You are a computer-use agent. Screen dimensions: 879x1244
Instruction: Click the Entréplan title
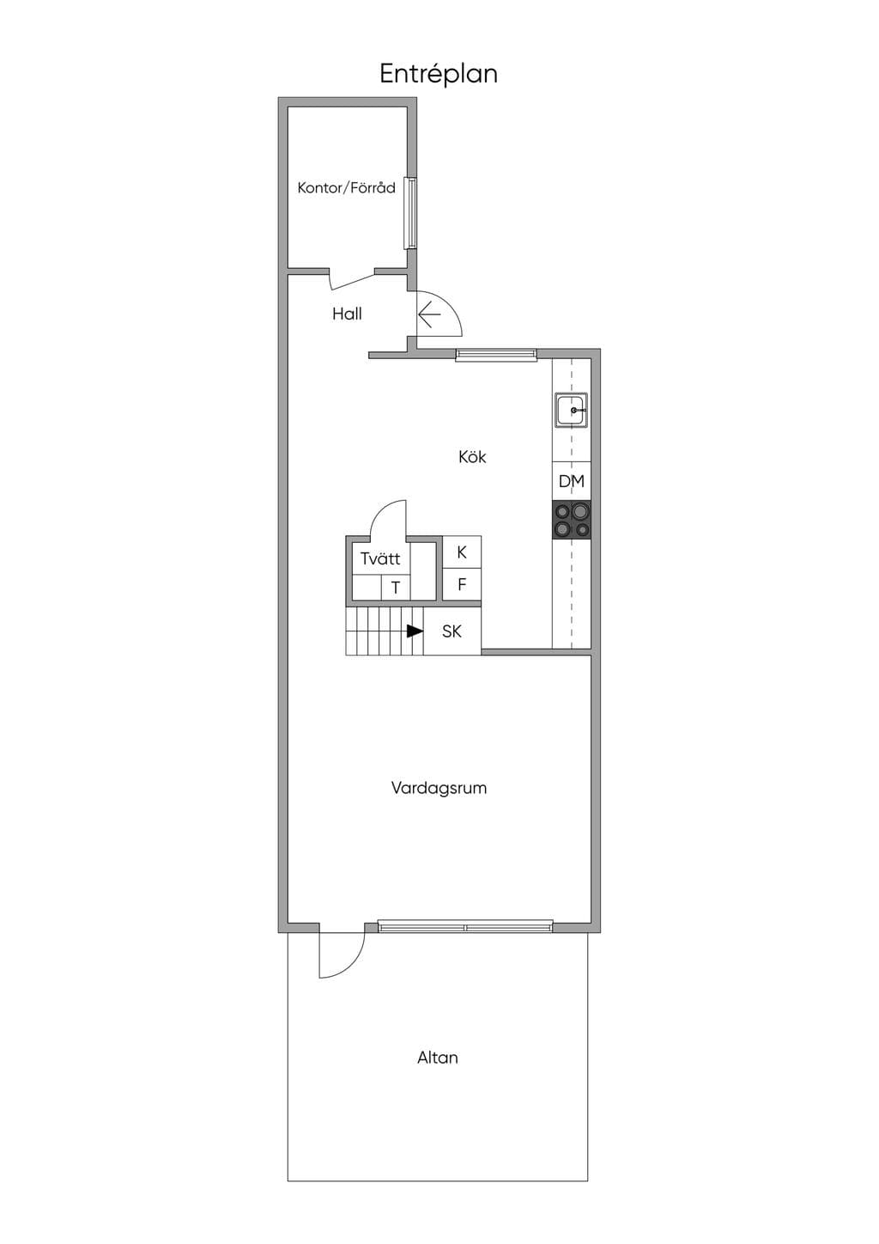(439, 75)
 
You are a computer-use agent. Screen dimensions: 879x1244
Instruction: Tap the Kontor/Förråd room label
(346, 187)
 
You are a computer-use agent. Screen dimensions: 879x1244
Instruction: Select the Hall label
(347, 314)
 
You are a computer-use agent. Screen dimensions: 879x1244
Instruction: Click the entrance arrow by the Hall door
(429, 315)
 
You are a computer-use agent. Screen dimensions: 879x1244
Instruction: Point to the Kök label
(472, 456)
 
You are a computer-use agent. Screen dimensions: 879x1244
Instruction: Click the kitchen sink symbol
(571, 411)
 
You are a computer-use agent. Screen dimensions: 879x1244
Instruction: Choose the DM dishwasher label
(572, 481)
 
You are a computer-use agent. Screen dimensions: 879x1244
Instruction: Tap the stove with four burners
(572, 519)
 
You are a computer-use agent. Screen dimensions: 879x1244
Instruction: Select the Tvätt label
(380, 558)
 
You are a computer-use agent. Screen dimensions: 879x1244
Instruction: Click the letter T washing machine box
(395, 588)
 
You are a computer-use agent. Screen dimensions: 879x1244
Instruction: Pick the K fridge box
(462, 552)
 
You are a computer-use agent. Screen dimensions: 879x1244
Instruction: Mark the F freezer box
(462, 584)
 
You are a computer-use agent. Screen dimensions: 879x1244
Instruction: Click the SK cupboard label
(452, 631)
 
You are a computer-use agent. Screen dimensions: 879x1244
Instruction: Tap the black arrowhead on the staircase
(415, 631)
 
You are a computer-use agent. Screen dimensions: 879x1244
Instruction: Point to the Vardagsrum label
(439, 788)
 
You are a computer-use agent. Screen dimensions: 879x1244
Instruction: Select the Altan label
(438, 1058)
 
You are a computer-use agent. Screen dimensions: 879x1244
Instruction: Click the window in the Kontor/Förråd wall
(410, 213)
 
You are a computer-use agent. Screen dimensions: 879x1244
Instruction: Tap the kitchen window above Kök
(496, 354)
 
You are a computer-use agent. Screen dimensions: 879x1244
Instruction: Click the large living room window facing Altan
(465, 926)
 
